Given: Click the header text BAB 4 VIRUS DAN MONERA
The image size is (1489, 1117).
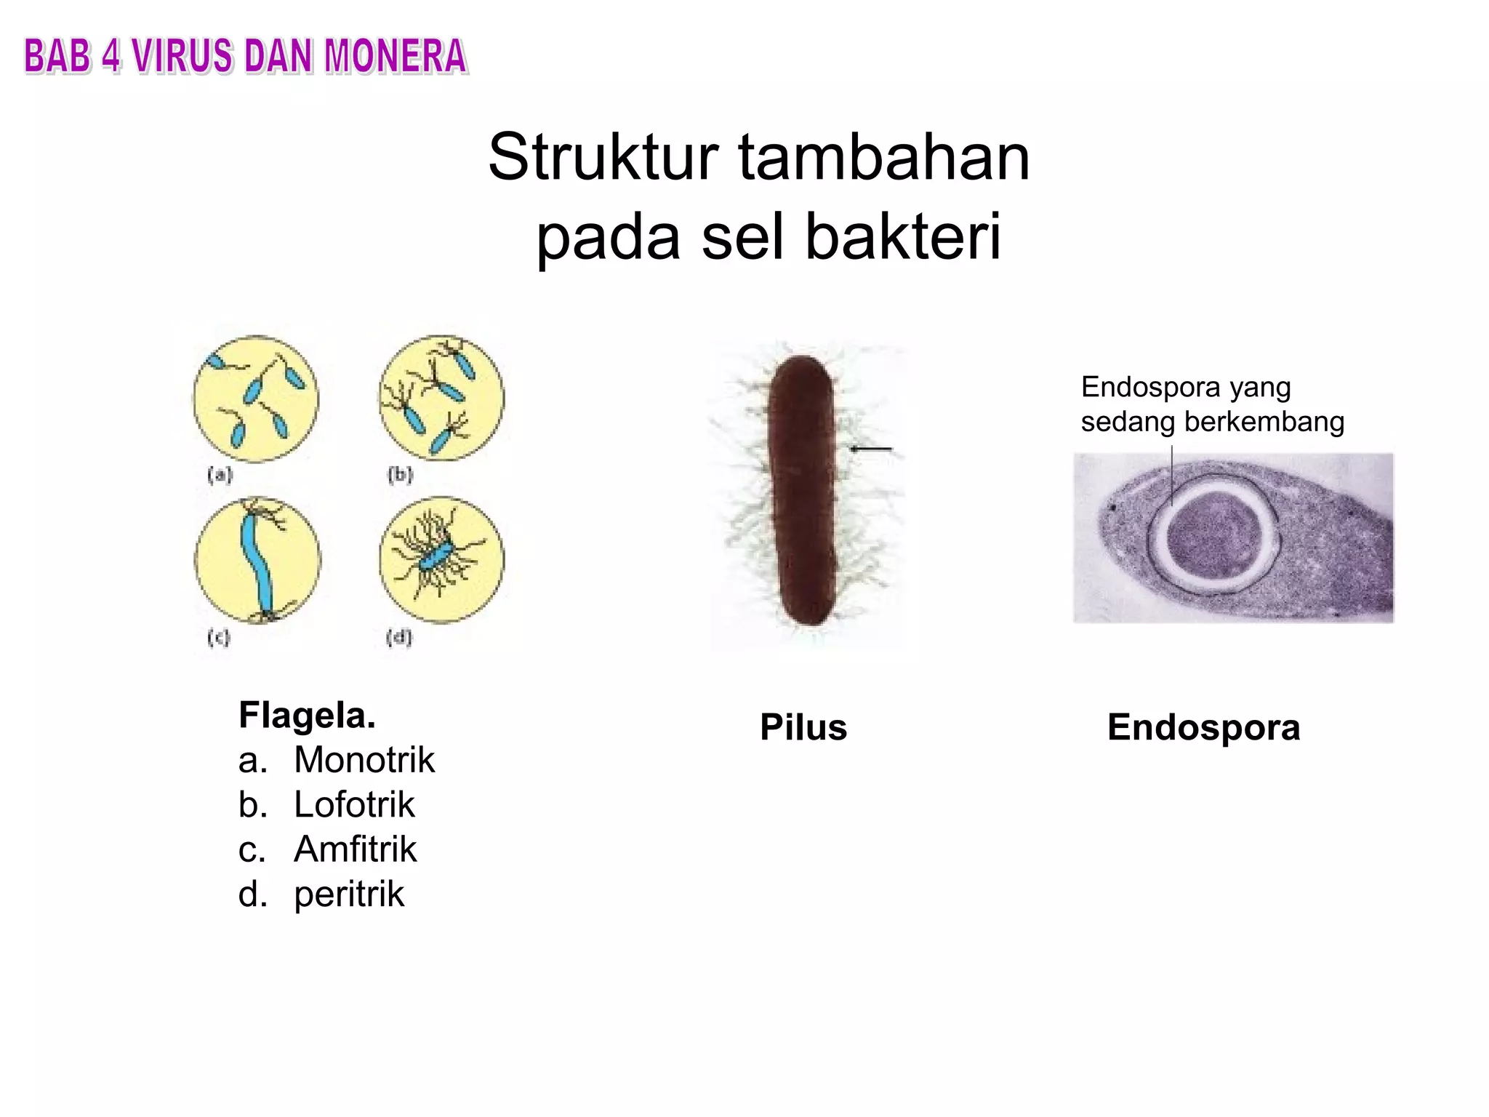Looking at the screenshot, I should pyautogui.click(x=245, y=57).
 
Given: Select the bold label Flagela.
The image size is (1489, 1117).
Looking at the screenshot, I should pyautogui.click(x=307, y=715).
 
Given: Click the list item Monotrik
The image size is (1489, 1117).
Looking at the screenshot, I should pyautogui.click(x=364, y=760).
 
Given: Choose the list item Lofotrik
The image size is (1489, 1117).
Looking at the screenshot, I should pyautogui.click(x=353, y=804).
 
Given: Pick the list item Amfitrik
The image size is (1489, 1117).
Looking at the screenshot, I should pyautogui.click(x=355, y=849).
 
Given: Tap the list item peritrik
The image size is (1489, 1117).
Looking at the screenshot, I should pyautogui.click(x=348, y=894).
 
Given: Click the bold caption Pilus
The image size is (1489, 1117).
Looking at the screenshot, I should pyautogui.click(x=803, y=727).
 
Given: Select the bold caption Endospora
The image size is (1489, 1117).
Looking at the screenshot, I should pyautogui.click(x=1203, y=727).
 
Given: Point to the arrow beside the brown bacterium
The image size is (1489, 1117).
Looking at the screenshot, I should pyautogui.click(x=871, y=449).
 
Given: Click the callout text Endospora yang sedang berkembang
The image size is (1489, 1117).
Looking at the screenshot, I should pyautogui.click(x=1212, y=404).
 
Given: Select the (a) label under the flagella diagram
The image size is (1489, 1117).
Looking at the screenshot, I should pyautogui.click(x=220, y=476).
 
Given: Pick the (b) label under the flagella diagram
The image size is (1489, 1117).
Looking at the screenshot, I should pyautogui.click(x=400, y=476).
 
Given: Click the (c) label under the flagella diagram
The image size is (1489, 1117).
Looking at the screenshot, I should pyautogui.click(x=219, y=638).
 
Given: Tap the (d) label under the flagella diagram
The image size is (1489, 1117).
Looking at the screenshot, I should pyautogui.click(x=399, y=638).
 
